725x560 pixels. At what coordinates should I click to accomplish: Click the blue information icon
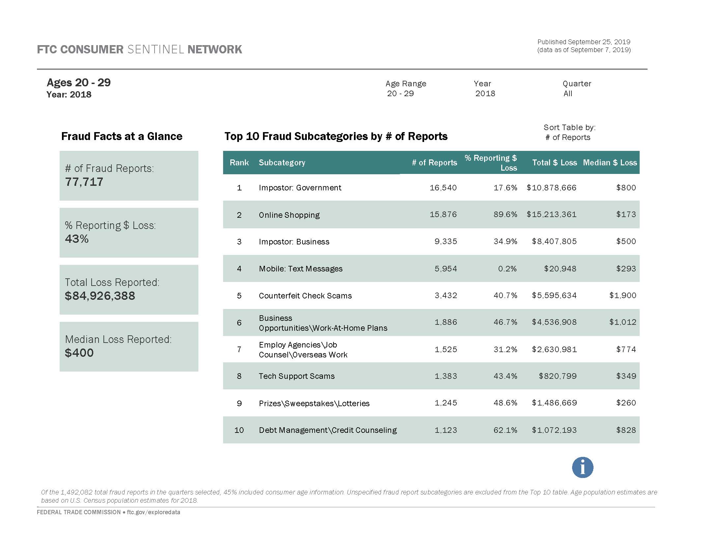coord(582,467)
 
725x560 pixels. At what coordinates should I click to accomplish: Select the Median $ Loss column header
coord(610,162)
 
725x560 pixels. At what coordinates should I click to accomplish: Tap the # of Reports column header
coord(434,162)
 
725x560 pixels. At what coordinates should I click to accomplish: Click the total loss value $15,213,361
coord(551,214)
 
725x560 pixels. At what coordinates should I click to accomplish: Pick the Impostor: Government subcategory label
coord(300,188)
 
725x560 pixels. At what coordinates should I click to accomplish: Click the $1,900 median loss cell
coord(623,295)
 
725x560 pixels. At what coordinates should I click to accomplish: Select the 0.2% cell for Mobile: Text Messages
coord(507,269)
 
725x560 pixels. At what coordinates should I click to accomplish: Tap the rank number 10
coord(239,430)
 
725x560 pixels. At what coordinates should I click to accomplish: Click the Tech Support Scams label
coord(297,376)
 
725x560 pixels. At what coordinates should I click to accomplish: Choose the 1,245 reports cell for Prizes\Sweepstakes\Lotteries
coord(446,403)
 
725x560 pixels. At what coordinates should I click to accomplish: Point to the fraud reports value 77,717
coord(84,182)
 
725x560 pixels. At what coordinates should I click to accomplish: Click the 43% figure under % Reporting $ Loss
coord(77,239)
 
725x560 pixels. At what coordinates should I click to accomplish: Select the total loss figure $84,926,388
coord(100,296)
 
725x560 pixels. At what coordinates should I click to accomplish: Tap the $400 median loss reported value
coord(79,353)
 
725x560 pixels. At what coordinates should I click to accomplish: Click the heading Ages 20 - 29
coord(79,82)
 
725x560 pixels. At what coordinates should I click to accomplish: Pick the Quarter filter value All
coord(568,94)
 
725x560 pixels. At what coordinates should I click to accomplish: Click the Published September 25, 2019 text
coord(584,42)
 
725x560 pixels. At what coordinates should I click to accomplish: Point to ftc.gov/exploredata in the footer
coord(153,512)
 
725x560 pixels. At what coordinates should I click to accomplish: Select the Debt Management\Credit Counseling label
coord(328,430)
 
